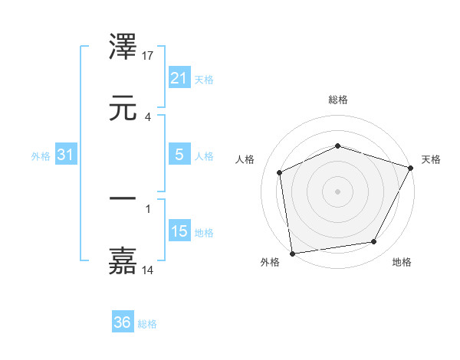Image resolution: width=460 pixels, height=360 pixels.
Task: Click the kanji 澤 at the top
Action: click(123, 47)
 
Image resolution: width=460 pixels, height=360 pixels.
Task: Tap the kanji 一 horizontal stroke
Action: click(123, 198)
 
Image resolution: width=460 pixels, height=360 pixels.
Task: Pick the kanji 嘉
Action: click(123, 261)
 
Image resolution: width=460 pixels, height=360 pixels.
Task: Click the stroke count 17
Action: click(149, 56)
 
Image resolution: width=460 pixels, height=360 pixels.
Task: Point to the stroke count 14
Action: click(149, 270)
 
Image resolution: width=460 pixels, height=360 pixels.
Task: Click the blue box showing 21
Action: click(179, 77)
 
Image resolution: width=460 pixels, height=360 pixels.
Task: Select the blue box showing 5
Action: click(179, 155)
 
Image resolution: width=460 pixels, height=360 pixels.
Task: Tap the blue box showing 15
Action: click(179, 231)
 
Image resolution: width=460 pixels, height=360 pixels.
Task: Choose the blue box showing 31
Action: click(65, 155)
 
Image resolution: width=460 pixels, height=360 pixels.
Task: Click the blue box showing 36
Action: click(122, 322)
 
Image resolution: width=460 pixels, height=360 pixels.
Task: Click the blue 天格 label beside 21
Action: click(204, 79)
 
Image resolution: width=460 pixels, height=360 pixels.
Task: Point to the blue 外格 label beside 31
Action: click(41, 155)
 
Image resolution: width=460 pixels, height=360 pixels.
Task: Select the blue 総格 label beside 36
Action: click(147, 324)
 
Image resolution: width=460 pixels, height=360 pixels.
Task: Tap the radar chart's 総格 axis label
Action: click(338, 100)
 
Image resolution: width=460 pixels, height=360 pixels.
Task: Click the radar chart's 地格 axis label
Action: click(402, 263)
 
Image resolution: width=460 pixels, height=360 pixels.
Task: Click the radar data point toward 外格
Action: click(292, 253)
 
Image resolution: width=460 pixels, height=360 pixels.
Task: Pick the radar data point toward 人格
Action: click(280, 172)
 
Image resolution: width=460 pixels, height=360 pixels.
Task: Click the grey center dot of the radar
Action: click(337, 191)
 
